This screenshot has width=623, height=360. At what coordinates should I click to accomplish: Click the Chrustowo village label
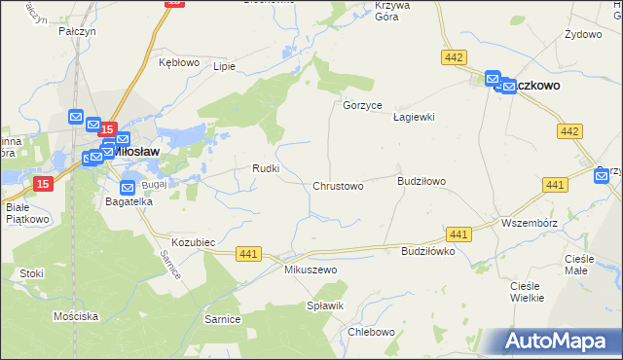click(338, 186)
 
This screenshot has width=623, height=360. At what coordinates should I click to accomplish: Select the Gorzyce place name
click(363, 105)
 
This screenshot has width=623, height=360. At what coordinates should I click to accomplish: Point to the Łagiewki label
click(413, 117)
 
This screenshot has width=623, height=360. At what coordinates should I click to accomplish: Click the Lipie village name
click(225, 67)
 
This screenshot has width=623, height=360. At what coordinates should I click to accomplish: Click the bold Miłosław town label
click(137, 152)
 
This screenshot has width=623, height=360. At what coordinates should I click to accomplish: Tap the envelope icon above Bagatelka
click(128, 187)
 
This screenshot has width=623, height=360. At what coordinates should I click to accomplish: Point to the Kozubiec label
click(193, 240)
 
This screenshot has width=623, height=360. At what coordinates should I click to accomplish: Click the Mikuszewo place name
click(310, 269)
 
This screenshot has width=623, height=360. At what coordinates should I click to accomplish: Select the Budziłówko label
click(428, 250)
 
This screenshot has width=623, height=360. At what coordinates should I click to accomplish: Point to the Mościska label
click(76, 317)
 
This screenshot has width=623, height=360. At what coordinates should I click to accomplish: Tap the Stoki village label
click(31, 273)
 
